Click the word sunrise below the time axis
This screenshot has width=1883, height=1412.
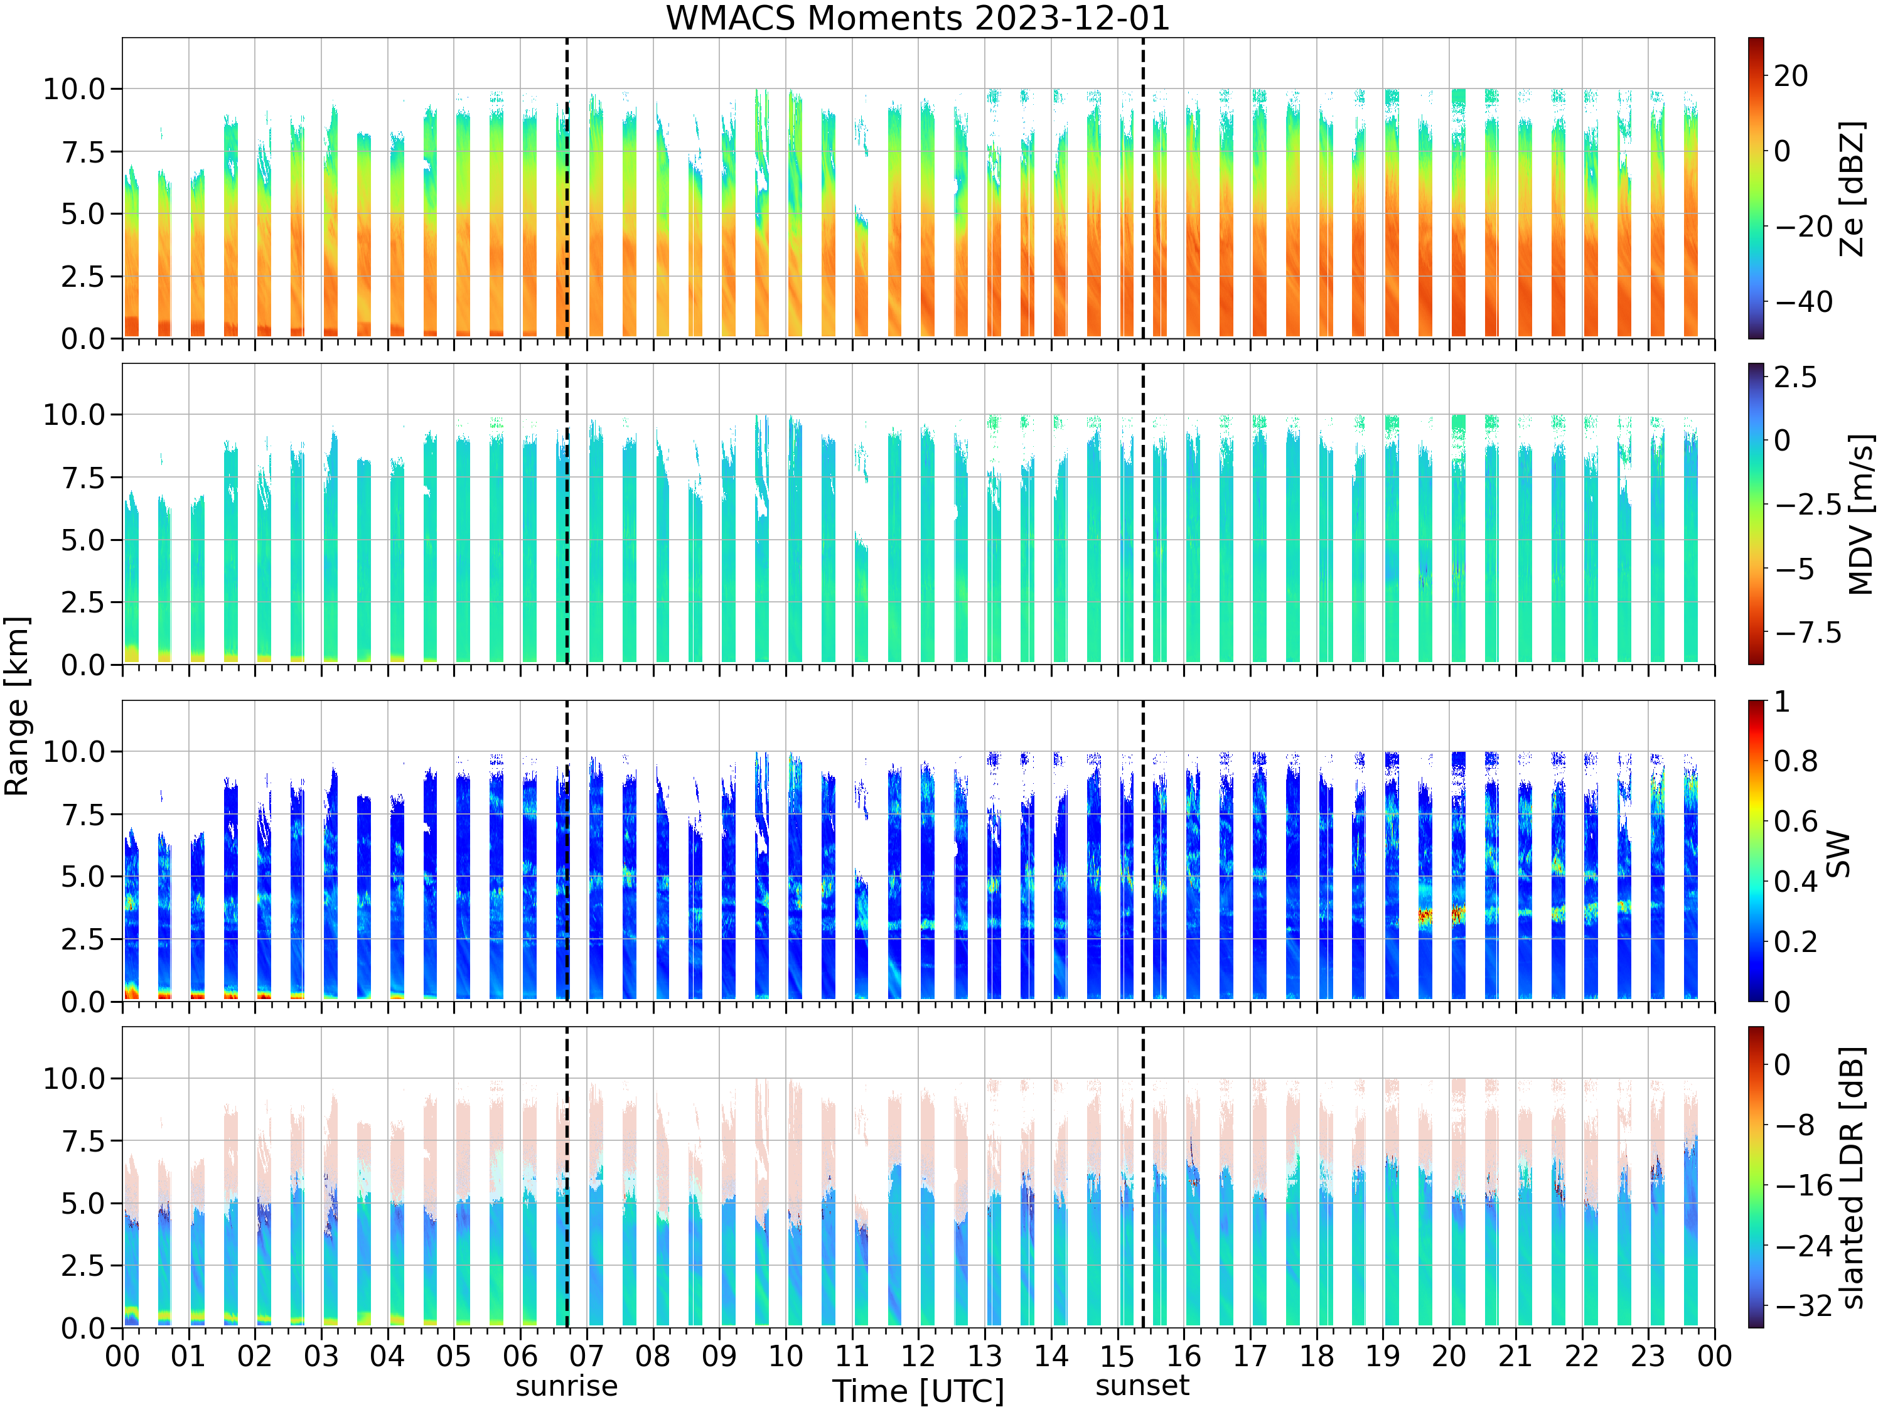click(566, 1386)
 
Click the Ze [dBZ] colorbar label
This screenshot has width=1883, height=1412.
click(1852, 188)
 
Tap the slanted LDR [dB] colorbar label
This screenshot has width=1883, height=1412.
click(1852, 1177)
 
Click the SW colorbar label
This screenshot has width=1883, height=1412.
click(1838, 853)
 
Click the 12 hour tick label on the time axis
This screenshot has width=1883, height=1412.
click(918, 1356)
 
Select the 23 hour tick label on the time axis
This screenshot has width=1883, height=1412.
click(1647, 1356)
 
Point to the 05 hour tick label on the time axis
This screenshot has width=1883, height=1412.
click(453, 1356)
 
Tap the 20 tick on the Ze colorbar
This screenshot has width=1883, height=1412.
click(1791, 76)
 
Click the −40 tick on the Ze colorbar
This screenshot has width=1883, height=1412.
click(1804, 301)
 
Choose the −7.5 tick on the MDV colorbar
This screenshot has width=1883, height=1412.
click(1808, 633)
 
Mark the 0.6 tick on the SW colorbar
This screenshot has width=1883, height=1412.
click(1796, 821)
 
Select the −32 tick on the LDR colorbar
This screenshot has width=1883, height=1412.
click(1804, 1305)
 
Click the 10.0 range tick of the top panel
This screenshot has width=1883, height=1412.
click(74, 88)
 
